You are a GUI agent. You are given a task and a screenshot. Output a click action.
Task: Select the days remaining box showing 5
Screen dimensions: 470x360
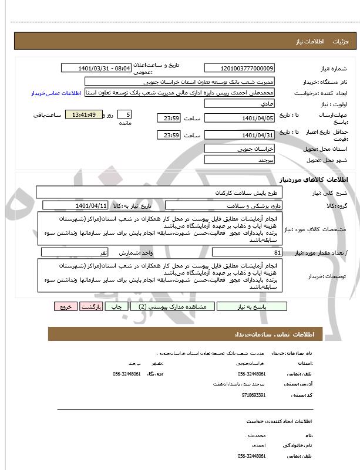pos(125,114)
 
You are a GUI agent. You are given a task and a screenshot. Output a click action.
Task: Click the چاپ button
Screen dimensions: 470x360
pos(118,306)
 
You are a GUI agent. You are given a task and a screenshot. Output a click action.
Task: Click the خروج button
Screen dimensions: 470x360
pos(65,306)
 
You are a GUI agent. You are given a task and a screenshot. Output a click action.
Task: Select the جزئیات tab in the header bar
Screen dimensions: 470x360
pos(341,42)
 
